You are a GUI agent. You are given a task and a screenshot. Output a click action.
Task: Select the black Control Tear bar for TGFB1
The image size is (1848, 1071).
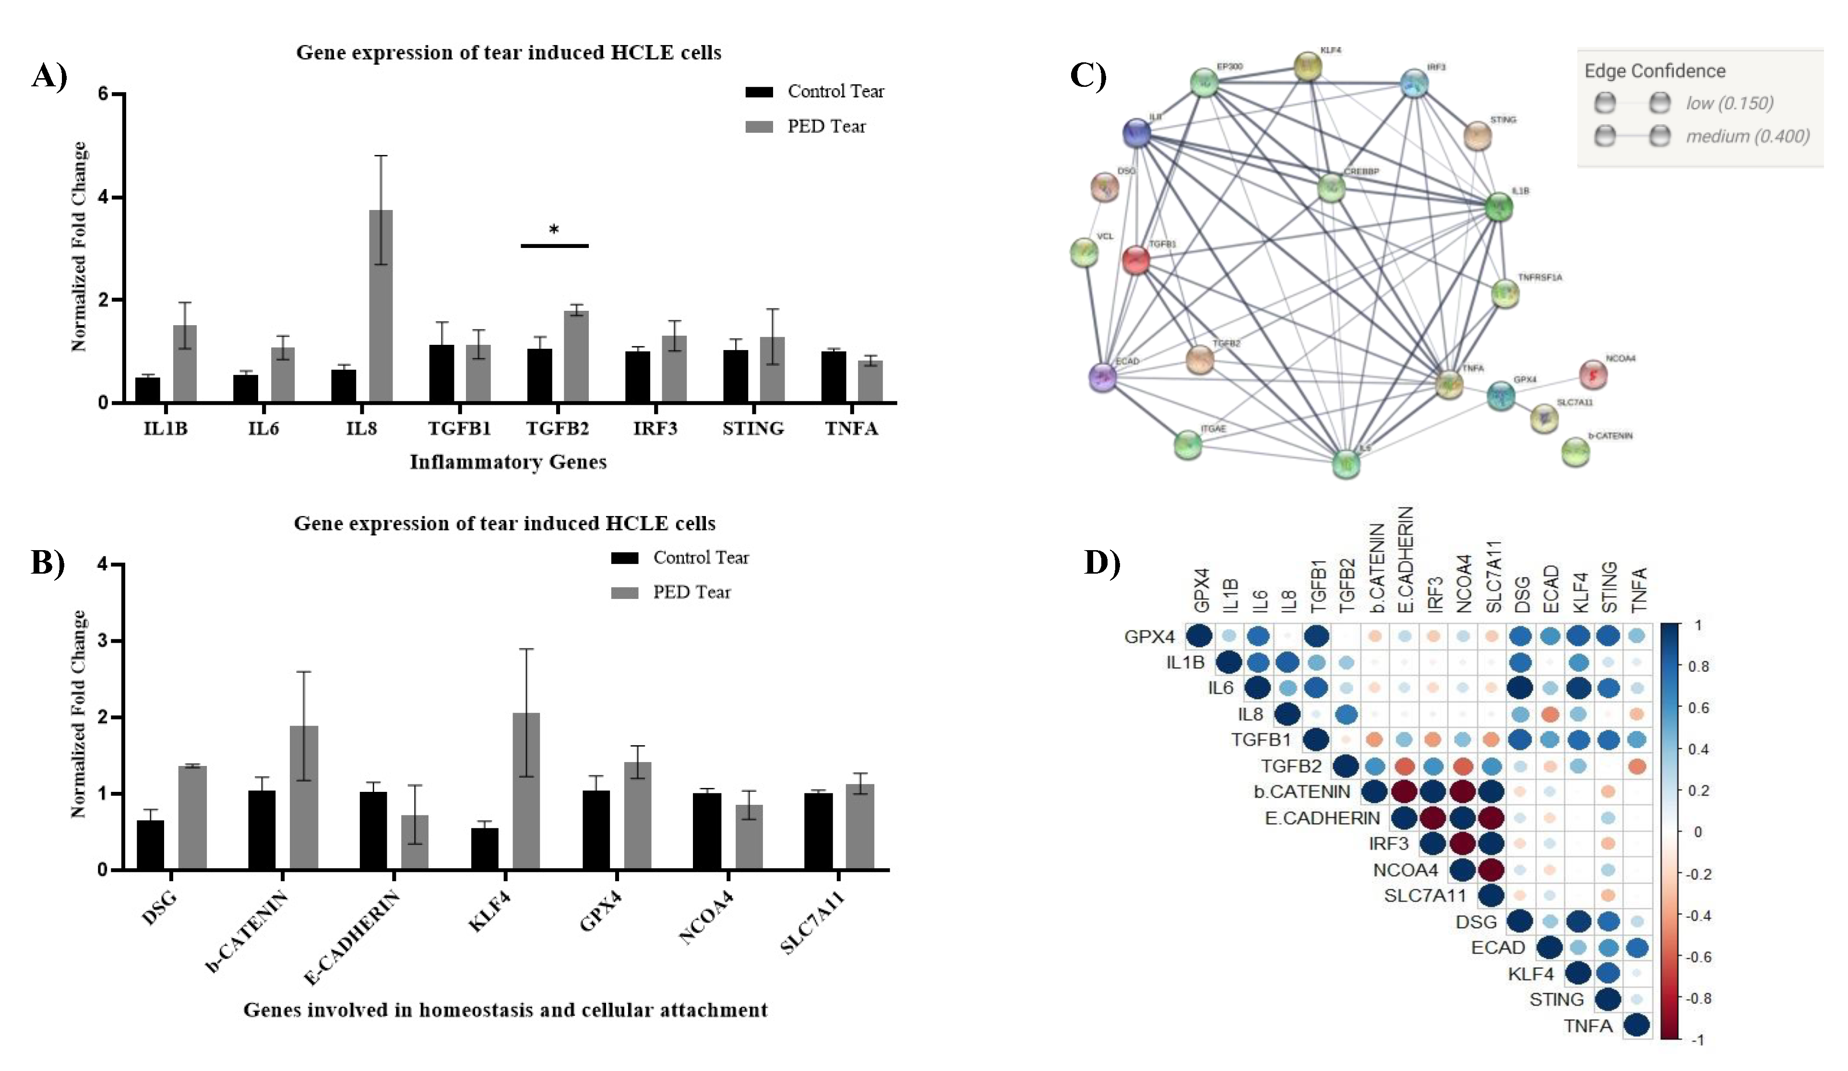(441, 373)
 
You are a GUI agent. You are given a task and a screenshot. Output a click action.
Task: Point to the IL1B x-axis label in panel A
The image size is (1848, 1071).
(166, 428)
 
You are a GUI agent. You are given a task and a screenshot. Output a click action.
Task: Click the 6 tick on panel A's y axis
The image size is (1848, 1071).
(103, 94)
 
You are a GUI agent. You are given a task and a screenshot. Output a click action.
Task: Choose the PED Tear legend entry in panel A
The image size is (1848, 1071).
(826, 127)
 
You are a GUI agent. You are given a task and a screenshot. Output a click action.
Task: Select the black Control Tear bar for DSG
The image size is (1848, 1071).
(150, 845)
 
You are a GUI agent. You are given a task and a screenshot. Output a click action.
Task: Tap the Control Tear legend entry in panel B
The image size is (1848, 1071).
(700, 558)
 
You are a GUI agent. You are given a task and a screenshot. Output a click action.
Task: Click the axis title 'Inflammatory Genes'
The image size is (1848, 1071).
(507, 462)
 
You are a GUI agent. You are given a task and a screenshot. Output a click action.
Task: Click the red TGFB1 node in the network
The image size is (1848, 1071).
(1136, 259)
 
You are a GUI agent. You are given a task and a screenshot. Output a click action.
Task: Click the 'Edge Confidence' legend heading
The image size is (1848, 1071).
(1655, 71)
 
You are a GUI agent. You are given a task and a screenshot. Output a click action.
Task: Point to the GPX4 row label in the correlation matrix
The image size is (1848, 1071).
(1149, 636)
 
